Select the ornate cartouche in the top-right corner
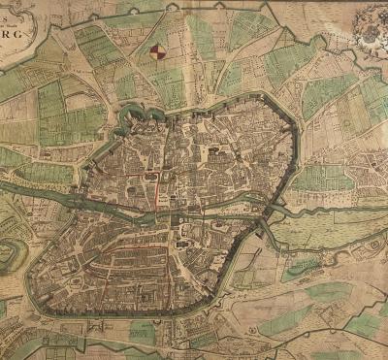[x=370, y=28]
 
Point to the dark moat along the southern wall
[x=116, y=314]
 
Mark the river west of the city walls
[x=39, y=184]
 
